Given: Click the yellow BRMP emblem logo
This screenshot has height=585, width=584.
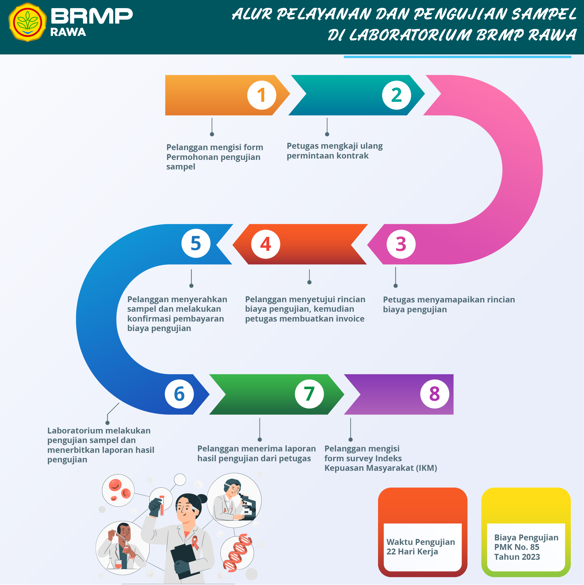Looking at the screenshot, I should tap(27, 22).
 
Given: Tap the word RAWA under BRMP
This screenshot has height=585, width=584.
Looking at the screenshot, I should tap(68, 32).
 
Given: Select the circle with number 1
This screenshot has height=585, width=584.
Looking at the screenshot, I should tap(262, 95).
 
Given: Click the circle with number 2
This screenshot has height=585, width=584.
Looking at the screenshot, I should tap(396, 95).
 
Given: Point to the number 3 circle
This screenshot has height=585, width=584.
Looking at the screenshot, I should tap(401, 244).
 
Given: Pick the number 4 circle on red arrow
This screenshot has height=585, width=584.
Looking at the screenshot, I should tap(266, 244).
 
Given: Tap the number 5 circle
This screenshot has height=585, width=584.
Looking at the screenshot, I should tap(196, 243).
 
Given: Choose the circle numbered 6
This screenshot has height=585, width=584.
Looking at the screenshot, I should tap(179, 394).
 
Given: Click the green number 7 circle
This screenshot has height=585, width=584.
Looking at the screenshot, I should tap(309, 394).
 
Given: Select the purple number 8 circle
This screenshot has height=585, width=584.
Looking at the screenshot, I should tap(434, 394).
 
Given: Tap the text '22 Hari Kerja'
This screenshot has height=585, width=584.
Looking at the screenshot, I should tap(412, 552).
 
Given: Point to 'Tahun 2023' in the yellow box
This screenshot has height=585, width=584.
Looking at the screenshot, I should tap(517, 557).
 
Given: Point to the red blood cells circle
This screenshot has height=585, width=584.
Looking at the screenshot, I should tap(118, 490).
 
